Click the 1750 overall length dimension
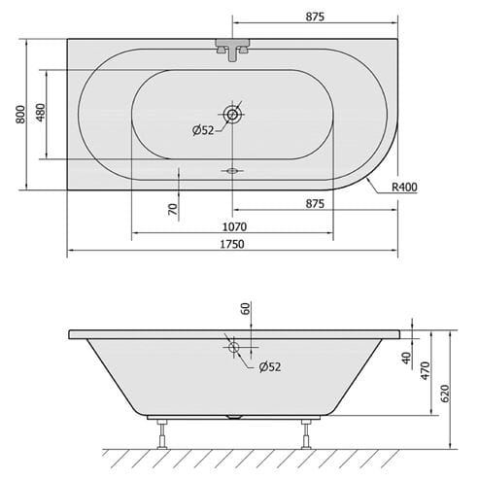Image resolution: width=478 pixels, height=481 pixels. point(232,244)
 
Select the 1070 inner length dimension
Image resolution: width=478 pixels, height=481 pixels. point(234,226)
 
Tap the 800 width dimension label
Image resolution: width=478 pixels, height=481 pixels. point(20,114)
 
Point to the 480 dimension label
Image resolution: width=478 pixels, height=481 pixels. point(41,113)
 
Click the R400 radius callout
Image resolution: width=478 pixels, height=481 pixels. point(404,187)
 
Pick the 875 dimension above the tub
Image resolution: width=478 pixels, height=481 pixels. point(315,17)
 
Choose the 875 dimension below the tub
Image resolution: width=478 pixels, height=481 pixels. point(315,204)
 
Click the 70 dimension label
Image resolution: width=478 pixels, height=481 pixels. point(173,209)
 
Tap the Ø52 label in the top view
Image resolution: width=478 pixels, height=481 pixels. point(203,130)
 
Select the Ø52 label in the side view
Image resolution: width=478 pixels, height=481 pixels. point(270,367)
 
